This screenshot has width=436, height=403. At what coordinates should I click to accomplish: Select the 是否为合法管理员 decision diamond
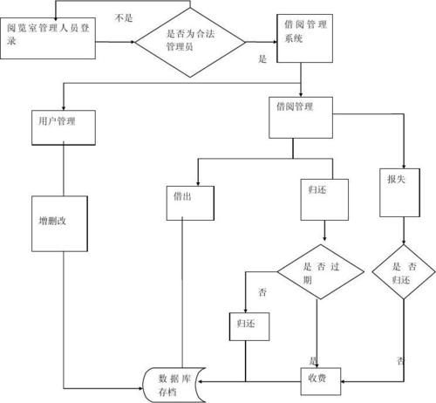point(190,38)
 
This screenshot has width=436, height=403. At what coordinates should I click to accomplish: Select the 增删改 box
point(64,220)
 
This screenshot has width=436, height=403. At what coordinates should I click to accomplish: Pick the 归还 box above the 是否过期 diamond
point(324,198)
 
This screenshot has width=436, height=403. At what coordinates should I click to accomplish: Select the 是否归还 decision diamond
point(403,273)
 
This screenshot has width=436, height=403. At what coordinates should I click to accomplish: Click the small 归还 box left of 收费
point(249,325)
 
